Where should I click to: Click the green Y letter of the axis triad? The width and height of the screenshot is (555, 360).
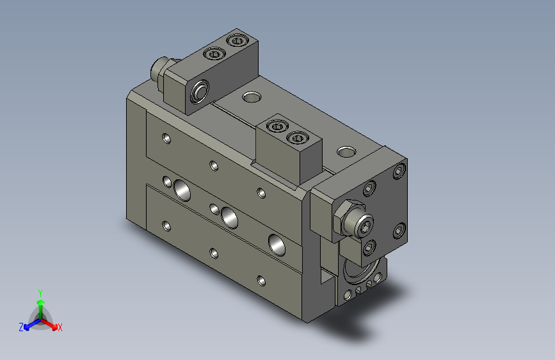40,292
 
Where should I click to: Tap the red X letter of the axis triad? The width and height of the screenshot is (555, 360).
60,327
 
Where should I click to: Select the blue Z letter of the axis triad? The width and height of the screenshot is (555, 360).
21,327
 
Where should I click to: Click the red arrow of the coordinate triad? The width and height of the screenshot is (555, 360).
51,323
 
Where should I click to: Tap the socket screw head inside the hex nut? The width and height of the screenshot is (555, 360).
363,225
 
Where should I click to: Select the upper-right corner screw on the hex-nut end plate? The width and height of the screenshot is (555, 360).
400,171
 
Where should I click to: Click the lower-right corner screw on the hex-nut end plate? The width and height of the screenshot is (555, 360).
399,230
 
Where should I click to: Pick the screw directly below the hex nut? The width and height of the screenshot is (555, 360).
369,247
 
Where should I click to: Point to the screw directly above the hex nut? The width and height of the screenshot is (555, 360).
369,189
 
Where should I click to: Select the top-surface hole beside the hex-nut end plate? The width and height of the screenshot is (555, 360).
346,152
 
